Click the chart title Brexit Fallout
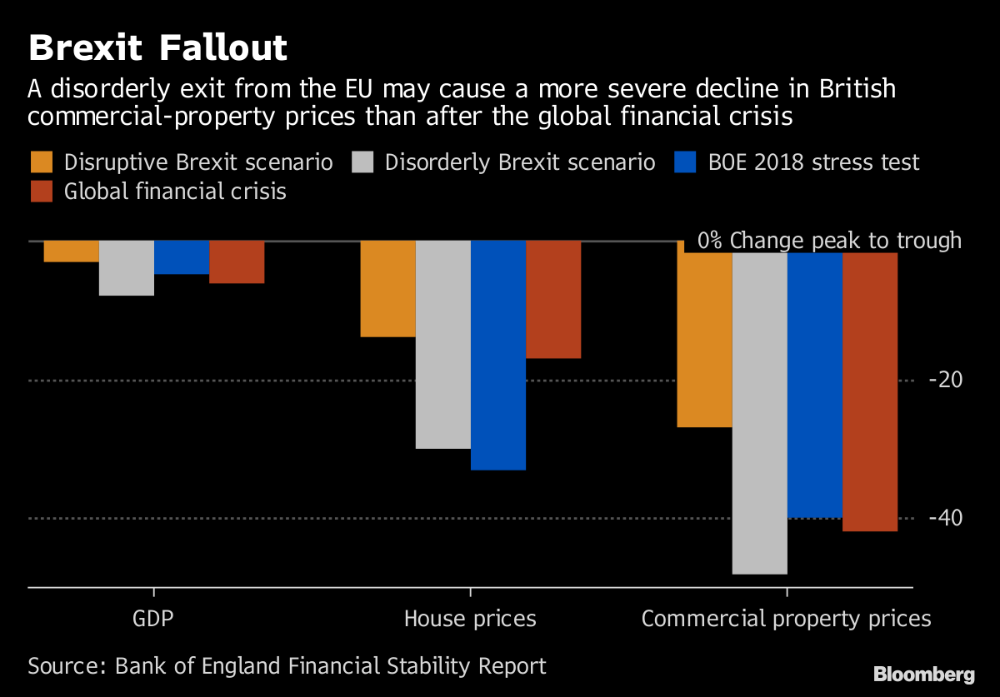158,48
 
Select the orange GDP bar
72,251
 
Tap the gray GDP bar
127,268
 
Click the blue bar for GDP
182,257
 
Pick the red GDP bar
237,262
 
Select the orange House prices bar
387,289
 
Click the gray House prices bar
442,345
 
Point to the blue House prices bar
498,356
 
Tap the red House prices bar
553,300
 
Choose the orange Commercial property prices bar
704,340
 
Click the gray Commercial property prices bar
759,413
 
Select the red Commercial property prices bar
870,391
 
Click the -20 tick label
945,380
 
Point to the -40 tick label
945,518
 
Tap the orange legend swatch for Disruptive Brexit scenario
42,162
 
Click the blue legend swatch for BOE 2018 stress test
684,162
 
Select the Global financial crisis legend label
175,192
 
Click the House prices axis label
470,619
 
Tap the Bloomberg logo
923,673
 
